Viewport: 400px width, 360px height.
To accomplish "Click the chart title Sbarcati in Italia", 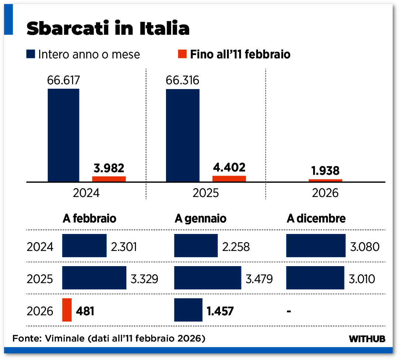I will (108, 28).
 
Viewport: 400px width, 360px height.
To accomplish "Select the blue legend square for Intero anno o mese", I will (31, 54).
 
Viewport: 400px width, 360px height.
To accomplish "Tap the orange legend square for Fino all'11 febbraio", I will (182, 54).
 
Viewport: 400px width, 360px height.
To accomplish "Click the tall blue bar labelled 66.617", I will (63, 135).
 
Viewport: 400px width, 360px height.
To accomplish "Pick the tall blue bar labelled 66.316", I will (183, 135).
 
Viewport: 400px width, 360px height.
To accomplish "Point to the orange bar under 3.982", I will (109, 179).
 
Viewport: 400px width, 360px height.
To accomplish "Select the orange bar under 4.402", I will (229, 179).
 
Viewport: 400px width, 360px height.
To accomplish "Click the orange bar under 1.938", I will (325, 180).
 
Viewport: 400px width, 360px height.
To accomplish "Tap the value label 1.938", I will (325, 171).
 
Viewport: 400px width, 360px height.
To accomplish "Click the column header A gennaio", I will (200, 218).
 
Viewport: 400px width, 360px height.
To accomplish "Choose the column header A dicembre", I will (316, 218).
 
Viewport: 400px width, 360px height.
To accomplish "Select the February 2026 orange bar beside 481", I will (67, 310).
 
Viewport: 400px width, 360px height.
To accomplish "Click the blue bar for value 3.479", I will (207, 278).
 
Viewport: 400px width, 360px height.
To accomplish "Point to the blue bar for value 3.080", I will (316, 245).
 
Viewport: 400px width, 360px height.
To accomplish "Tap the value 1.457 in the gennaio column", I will (220, 311).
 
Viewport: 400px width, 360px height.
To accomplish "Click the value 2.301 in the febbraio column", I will (124, 246).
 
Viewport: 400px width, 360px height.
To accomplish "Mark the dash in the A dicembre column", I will (289, 311).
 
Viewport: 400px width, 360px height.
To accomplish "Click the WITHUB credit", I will (367, 339).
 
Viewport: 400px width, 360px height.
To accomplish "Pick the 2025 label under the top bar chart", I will (206, 193).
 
